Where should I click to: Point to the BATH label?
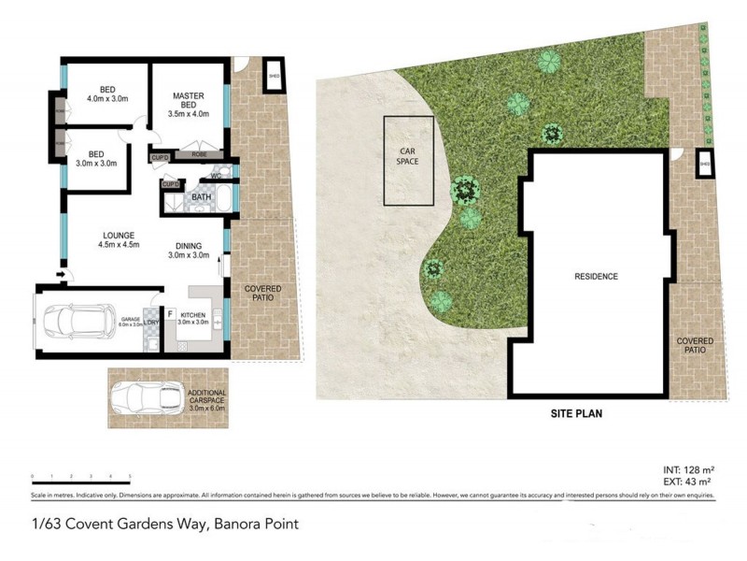[x=201, y=198]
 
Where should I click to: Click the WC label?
[x=215, y=176]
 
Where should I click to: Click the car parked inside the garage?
[x=79, y=321]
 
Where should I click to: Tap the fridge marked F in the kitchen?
[x=171, y=313]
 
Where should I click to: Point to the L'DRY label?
[x=152, y=323]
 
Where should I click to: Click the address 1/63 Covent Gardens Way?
[x=164, y=524]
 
